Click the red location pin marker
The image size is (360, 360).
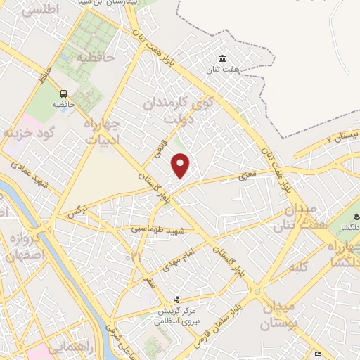[181, 166]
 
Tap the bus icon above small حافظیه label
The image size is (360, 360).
[64, 94]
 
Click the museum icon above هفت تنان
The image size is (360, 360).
[223, 58]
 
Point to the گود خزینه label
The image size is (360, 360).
[28, 131]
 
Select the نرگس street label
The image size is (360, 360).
[77, 210]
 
